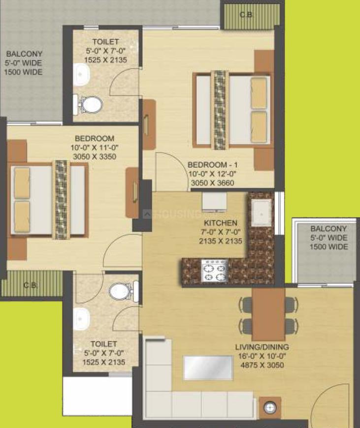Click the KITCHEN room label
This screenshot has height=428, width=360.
click(x=221, y=223)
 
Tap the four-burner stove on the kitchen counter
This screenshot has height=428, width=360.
click(x=215, y=270)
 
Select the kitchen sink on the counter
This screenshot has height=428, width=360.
click(x=262, y=213)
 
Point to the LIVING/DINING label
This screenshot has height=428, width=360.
click(x=262, y=347)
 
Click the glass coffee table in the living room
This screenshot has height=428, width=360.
click(x=208, y=367)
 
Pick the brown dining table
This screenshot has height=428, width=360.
click(x=268, y=314)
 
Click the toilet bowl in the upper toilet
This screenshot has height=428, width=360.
click(x=90, y=105)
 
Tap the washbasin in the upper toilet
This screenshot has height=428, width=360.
click(x=81, y=75)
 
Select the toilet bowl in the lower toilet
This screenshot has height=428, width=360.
click(x=123, y=292)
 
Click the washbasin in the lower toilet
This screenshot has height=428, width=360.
click(x=81, y=319)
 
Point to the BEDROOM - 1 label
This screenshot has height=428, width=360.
click(x=213, y=165)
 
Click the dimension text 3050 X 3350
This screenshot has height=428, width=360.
click(x=95, y=156)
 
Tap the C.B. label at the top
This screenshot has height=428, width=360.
click(x=246, y=15)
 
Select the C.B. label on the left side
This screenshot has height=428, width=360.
click(x=30, y=285)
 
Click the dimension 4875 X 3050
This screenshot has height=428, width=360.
click(x=262, y=365)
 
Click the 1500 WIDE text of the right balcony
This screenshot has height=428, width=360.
click(x=329, y=247)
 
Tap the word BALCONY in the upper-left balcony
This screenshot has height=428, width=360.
click(x=24, y=54)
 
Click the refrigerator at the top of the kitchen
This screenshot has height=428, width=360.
click(x=214, y=202)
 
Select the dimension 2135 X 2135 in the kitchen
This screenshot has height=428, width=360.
click(x=221, y=241)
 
